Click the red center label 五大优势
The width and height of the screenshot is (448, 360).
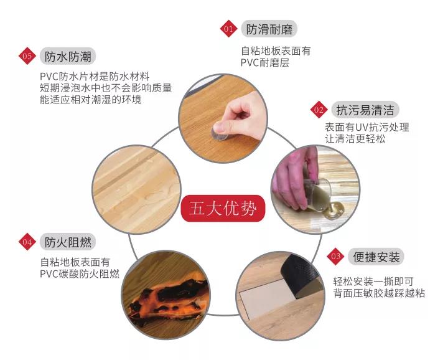click(x=223, y=208)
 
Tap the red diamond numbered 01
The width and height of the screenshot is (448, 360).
click(x=228, y=29)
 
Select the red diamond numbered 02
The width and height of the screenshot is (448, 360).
click(x=319, y=110)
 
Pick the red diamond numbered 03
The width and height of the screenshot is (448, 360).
click(x=335, y=256)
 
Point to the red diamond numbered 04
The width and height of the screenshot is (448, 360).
click(x=27, y=242)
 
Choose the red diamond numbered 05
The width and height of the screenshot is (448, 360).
click(x=27, y=56)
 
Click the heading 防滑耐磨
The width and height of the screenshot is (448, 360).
click(x=269, y=29)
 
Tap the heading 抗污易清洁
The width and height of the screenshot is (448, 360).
click(x=365, y=110)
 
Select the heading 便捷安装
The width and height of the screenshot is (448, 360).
click(x=376, y=257)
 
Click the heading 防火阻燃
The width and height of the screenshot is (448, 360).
click(x=68, y=242)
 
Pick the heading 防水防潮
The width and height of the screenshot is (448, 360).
click(x=68, y=56)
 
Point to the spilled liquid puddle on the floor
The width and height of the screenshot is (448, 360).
click(x=334, y=211)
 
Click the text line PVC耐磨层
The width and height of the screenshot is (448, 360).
click(x=265, y=63)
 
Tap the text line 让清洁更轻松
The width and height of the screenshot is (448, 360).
click(x=355, y=139)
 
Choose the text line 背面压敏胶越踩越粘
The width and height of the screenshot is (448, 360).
click(x=379, y=293)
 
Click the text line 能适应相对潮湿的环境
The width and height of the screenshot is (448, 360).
click(x=91, y=100)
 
